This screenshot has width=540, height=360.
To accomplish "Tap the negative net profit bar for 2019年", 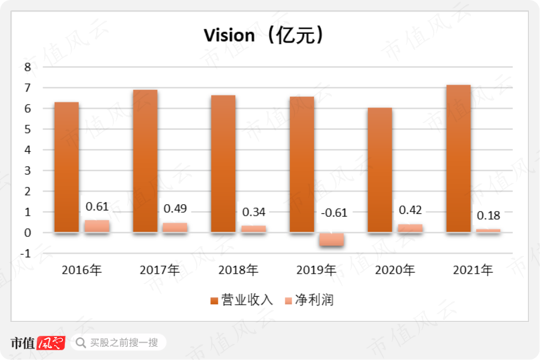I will coord(332,240).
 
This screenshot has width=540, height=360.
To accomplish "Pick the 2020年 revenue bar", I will coord(380,170).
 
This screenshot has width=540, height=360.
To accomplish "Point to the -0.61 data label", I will coord(334,213).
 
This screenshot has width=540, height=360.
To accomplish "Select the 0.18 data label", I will coord(488,216).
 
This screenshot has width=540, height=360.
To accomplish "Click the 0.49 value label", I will coord(175,208).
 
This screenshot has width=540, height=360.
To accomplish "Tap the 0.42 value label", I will coord(410,210).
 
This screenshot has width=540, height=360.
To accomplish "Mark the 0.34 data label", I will coord(254,212).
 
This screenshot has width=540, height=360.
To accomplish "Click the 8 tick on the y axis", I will coord(27,67).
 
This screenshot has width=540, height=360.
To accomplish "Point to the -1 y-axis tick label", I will coord(25,253).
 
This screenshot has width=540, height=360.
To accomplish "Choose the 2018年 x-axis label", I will coord(238,270).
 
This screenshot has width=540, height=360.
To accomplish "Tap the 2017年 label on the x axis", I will coord(160,270).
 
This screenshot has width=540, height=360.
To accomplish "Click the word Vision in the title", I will coord(229,36).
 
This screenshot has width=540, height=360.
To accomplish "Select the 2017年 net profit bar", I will coord(175,227).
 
